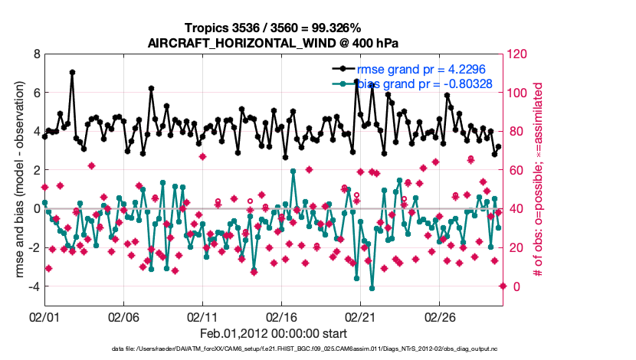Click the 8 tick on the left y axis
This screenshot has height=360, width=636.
tap(36, 54)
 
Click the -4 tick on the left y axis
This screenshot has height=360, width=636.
tap(34, 286)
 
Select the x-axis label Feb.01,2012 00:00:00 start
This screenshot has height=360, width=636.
tap(274, 333)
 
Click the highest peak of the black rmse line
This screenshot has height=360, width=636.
tap(72, 72)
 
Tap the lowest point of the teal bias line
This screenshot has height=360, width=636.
tap(372, 288)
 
